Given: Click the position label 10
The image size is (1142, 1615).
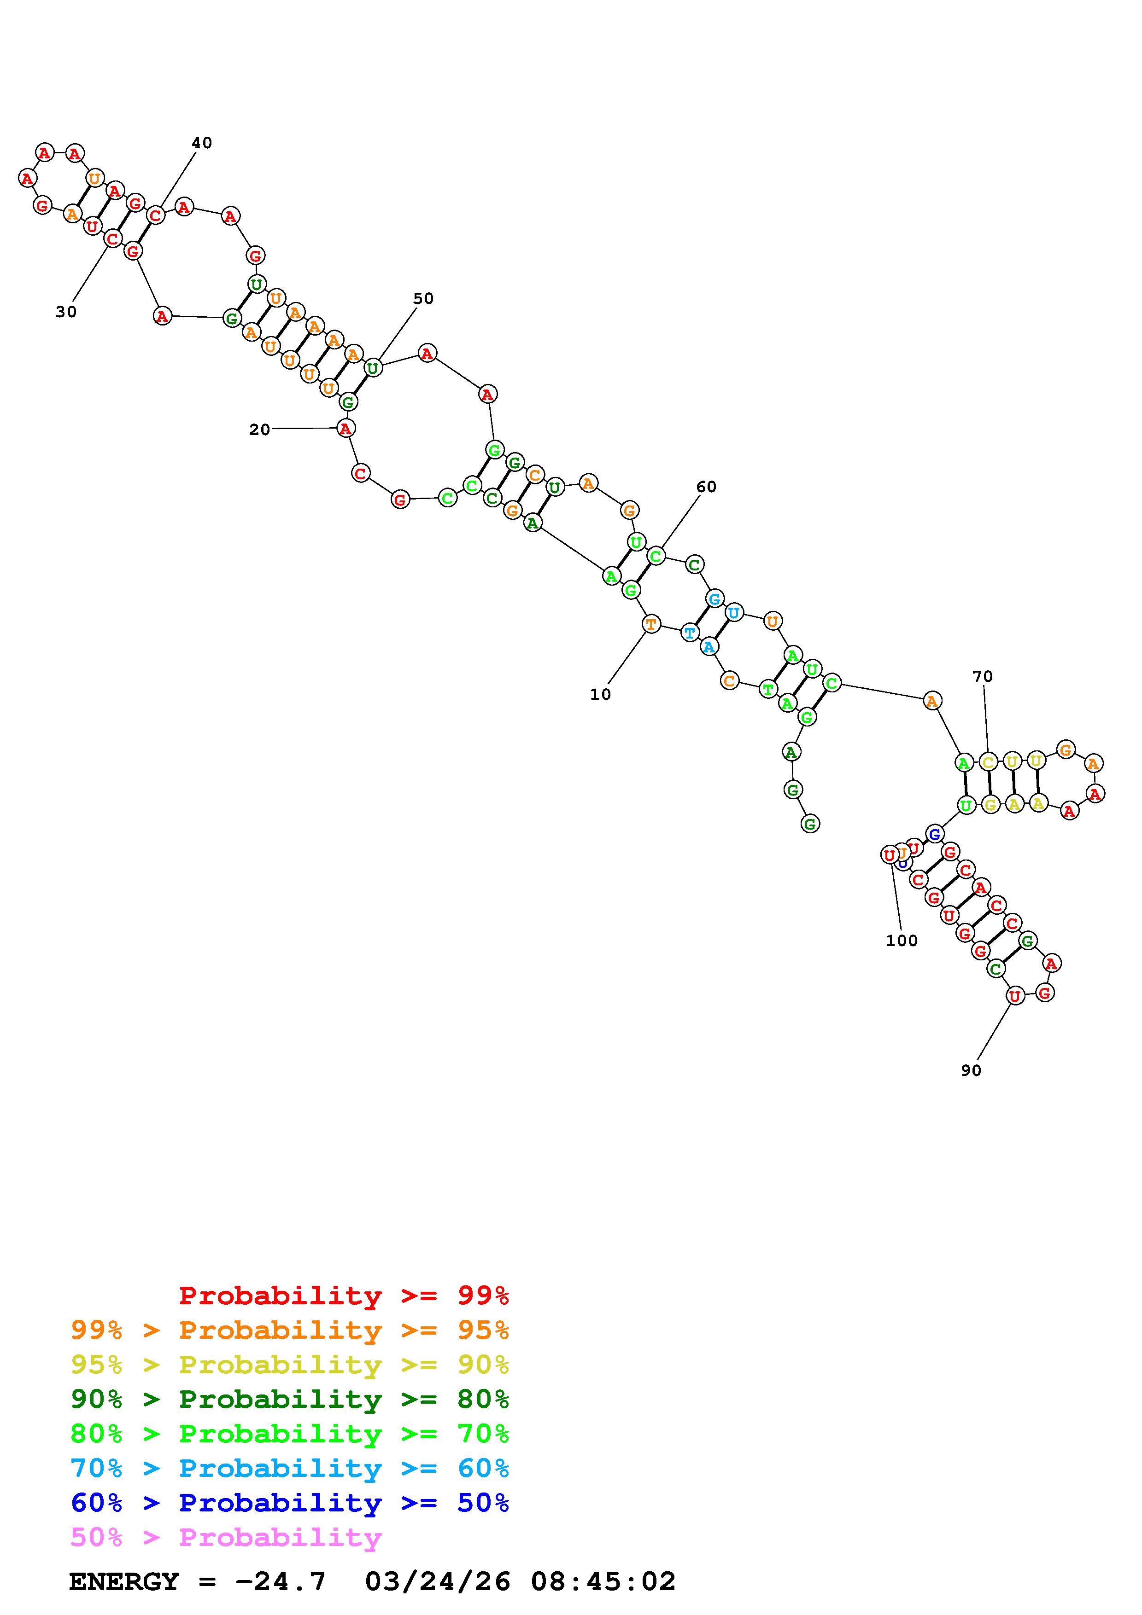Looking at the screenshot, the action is coord(600,694).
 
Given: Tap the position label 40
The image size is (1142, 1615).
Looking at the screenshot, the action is coord(202,143).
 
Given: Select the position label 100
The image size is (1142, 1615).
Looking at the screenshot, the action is coord(902,941).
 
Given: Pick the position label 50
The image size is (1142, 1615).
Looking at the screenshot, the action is coord(423,298).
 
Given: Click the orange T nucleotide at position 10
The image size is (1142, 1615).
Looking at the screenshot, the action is coord(651,623).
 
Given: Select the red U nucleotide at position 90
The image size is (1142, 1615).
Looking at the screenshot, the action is coord(1014,995).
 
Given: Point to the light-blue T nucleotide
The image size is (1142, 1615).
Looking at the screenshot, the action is coord(690,633).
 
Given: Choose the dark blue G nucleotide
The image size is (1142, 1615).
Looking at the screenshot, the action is coord(934,834).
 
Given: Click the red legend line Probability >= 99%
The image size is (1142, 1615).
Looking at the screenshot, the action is coord(344,1295).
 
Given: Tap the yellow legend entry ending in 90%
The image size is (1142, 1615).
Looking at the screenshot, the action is coord(290,1364).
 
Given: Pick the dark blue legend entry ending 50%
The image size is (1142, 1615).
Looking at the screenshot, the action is coord(290,1503).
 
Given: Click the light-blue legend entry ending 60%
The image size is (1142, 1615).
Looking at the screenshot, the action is coord(290,1468).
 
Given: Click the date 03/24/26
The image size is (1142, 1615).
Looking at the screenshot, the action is coord(438,1581).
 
